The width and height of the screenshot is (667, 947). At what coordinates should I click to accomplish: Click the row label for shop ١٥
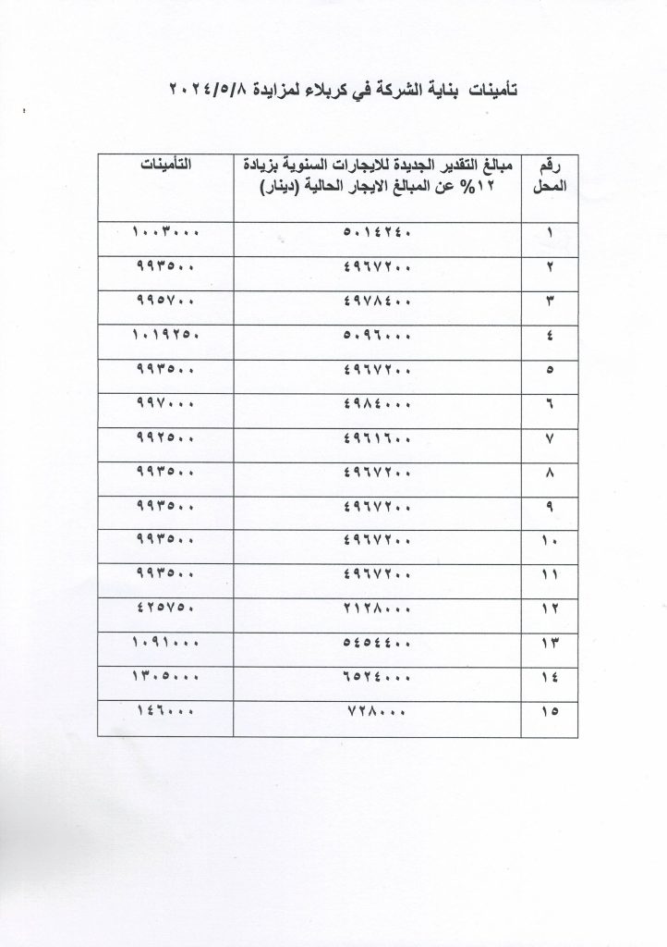click(552, 713)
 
